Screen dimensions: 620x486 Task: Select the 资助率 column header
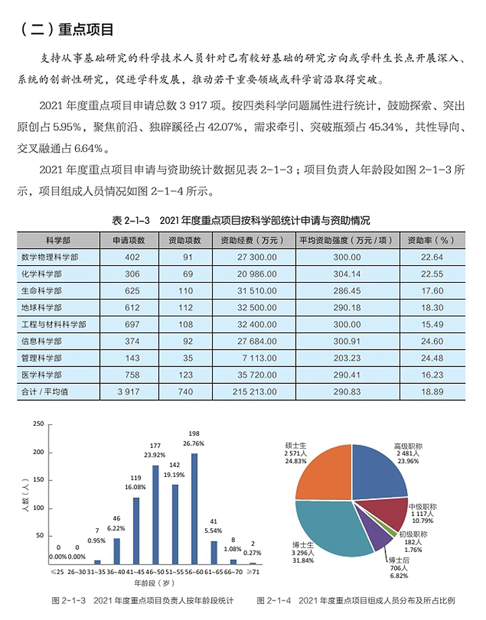tap(432, 240)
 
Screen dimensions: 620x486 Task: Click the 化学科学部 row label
tap(50, 274)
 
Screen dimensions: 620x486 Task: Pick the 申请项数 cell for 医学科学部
tap(127, 374)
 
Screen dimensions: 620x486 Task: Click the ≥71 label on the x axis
tap(252, 571)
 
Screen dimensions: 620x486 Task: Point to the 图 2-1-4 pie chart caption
tap(356, 600)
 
